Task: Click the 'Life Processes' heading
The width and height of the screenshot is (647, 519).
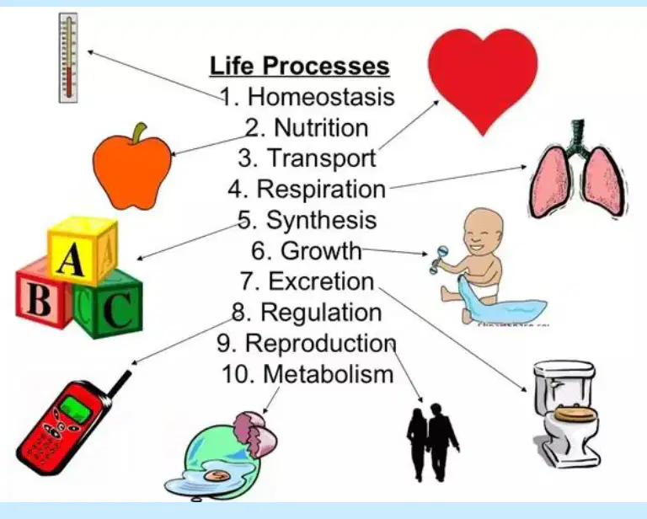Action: (300, 66)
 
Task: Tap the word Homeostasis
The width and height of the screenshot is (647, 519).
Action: (321, 97)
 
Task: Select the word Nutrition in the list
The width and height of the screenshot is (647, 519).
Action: (321, 127)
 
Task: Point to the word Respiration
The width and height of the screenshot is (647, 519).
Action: (322, 189)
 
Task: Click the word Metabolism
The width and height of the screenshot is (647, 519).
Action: (329, 374)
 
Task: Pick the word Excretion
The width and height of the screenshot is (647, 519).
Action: (322, 281)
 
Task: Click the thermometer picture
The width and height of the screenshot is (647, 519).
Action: (68, 58)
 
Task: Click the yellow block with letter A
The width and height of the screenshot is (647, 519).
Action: (82, 250)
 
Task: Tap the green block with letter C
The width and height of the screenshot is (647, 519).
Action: (110, 304)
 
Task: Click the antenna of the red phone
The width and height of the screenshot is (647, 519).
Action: (120, 384)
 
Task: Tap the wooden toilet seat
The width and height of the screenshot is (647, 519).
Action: (576, 413)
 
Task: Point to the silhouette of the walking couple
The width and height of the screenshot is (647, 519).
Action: (432, 442)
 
